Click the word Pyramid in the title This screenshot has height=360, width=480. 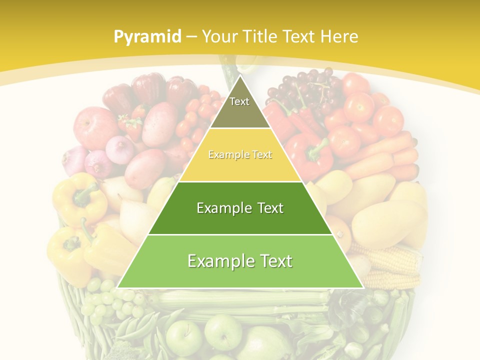pos(147,36)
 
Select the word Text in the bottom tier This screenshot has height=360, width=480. pos(272,261)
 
